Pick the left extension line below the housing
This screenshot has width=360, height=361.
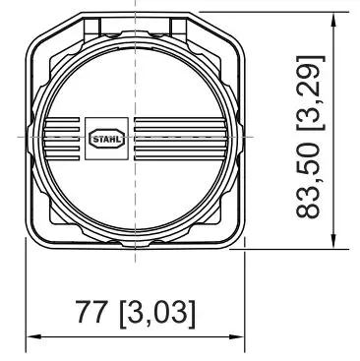(x=27, y=295)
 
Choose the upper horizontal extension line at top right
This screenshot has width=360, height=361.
(x=275, y=12)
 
